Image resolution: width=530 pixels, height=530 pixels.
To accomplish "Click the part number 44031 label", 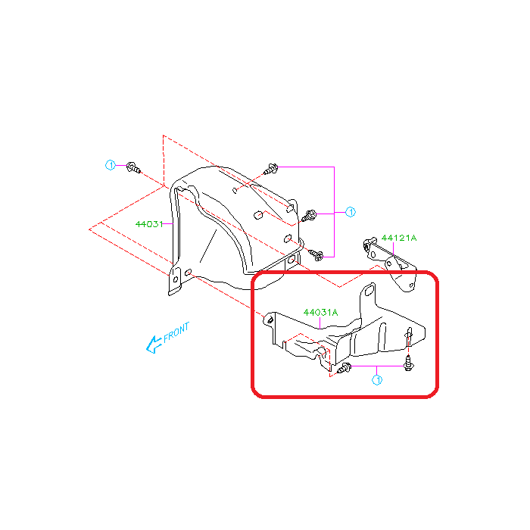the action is click(149, 224).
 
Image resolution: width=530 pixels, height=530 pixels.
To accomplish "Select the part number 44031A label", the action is click(320, 312).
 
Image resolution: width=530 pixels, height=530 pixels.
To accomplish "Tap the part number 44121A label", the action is click(399, 238).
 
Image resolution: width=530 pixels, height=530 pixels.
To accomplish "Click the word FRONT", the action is click(176, 332).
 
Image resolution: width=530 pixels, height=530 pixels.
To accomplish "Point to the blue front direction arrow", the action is click(153, 344).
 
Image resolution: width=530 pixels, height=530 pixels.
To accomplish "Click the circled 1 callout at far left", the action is click(111, 165).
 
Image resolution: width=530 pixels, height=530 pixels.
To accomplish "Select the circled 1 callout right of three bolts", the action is click(351, 212).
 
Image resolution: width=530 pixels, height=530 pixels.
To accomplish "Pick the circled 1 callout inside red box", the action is click(377, 380).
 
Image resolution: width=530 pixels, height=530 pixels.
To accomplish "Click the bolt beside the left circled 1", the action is click(133, 167).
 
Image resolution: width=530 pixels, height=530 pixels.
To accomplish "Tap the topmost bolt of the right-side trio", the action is click(271, 169).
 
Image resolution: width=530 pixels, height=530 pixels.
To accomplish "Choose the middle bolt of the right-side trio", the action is click(309, 216).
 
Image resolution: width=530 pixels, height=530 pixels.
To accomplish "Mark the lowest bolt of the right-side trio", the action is click(316, 254).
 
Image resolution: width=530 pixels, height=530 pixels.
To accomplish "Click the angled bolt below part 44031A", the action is click(344, 369).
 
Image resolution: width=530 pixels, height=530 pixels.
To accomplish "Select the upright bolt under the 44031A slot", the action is click(408, 363).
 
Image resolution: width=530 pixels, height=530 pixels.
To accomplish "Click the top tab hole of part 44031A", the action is click(369, 290).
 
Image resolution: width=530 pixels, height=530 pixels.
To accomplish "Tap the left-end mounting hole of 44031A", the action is click(270, 320).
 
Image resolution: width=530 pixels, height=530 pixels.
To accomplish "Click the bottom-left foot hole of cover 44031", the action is click(176, 279).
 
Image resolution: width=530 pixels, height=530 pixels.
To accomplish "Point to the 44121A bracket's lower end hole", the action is click(411, 286).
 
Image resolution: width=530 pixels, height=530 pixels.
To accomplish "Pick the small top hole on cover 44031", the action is click(235, 191).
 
